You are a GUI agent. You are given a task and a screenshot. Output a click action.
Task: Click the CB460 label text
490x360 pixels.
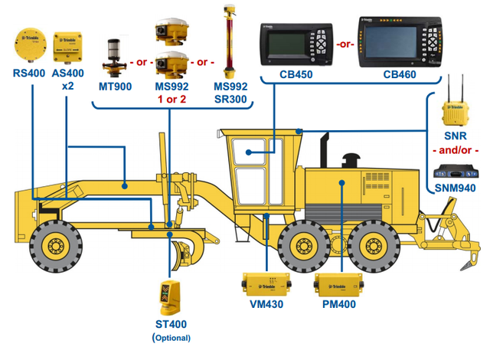(400, 75)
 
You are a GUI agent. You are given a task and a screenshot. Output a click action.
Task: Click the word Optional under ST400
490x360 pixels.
(171, 337)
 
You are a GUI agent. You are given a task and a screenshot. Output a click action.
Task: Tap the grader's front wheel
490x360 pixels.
(56, 245)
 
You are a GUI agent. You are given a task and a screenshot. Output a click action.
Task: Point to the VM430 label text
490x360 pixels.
(265, 305)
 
